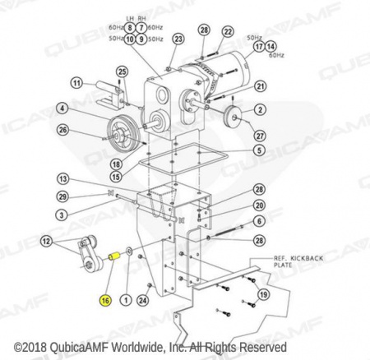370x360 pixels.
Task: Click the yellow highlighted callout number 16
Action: [x=105, y=301]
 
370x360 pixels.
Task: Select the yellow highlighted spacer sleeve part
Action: [x=113, y=257]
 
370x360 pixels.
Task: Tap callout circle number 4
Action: [x=62, y=108]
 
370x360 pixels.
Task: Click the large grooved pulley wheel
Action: [x=123, y=132]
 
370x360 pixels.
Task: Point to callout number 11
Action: [x=77, y=83]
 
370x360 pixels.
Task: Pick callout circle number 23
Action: [x=178, y=39]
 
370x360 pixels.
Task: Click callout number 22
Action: [x=228, y=32]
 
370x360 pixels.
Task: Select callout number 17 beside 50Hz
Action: [x=259, y=47]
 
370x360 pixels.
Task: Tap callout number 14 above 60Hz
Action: [x=271, y=47]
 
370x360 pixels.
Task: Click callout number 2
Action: [x=260, y=110]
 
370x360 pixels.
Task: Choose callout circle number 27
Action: [x=260, y=136]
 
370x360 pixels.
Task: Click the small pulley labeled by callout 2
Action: [x=233, y=116]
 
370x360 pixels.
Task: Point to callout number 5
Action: [x=259, y=150]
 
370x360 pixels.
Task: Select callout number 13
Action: [x=63, y=179]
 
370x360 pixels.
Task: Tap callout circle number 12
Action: [x=46, y=242]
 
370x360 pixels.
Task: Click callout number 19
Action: [x=264, y=295]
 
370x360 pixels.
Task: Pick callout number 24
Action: [x=142, y=301]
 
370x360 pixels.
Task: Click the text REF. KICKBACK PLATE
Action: [x=298, y=261]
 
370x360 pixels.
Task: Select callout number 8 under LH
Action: [x=130, y=28]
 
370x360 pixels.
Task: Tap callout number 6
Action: [x=259, y=221]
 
